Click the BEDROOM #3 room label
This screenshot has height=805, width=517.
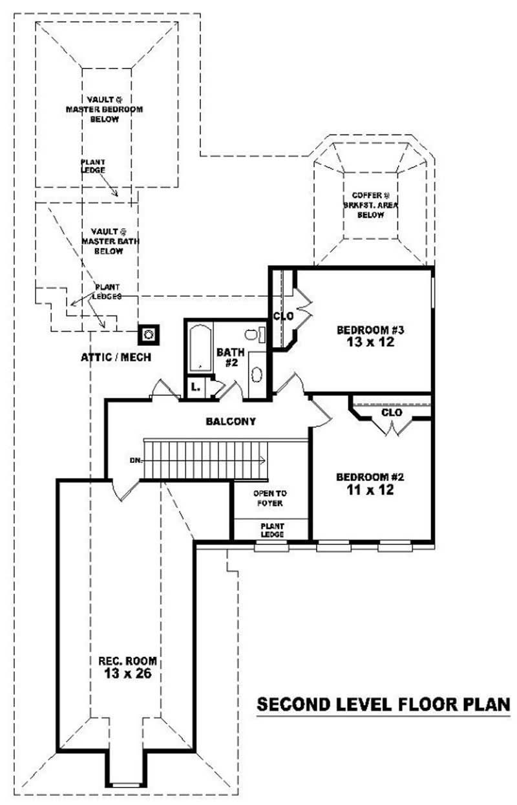point(365,330)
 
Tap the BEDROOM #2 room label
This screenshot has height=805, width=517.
point(370,477)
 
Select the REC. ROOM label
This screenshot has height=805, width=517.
point(127,661)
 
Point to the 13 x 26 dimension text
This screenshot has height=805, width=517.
point(127,674)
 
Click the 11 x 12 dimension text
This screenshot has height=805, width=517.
point(370,490)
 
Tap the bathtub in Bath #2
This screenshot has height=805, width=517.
point(200,349)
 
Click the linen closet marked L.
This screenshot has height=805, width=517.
point(195,388)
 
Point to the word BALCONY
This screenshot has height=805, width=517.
point(231,422)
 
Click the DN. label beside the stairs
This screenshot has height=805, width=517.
point(135,460)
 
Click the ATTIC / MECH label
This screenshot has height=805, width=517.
point(116,356)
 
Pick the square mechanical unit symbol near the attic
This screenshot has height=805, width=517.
point(149,334)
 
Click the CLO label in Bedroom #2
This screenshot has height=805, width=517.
point(392,412)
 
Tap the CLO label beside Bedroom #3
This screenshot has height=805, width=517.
point(283,316)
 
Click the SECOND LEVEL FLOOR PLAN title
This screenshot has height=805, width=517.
point(384,704)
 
